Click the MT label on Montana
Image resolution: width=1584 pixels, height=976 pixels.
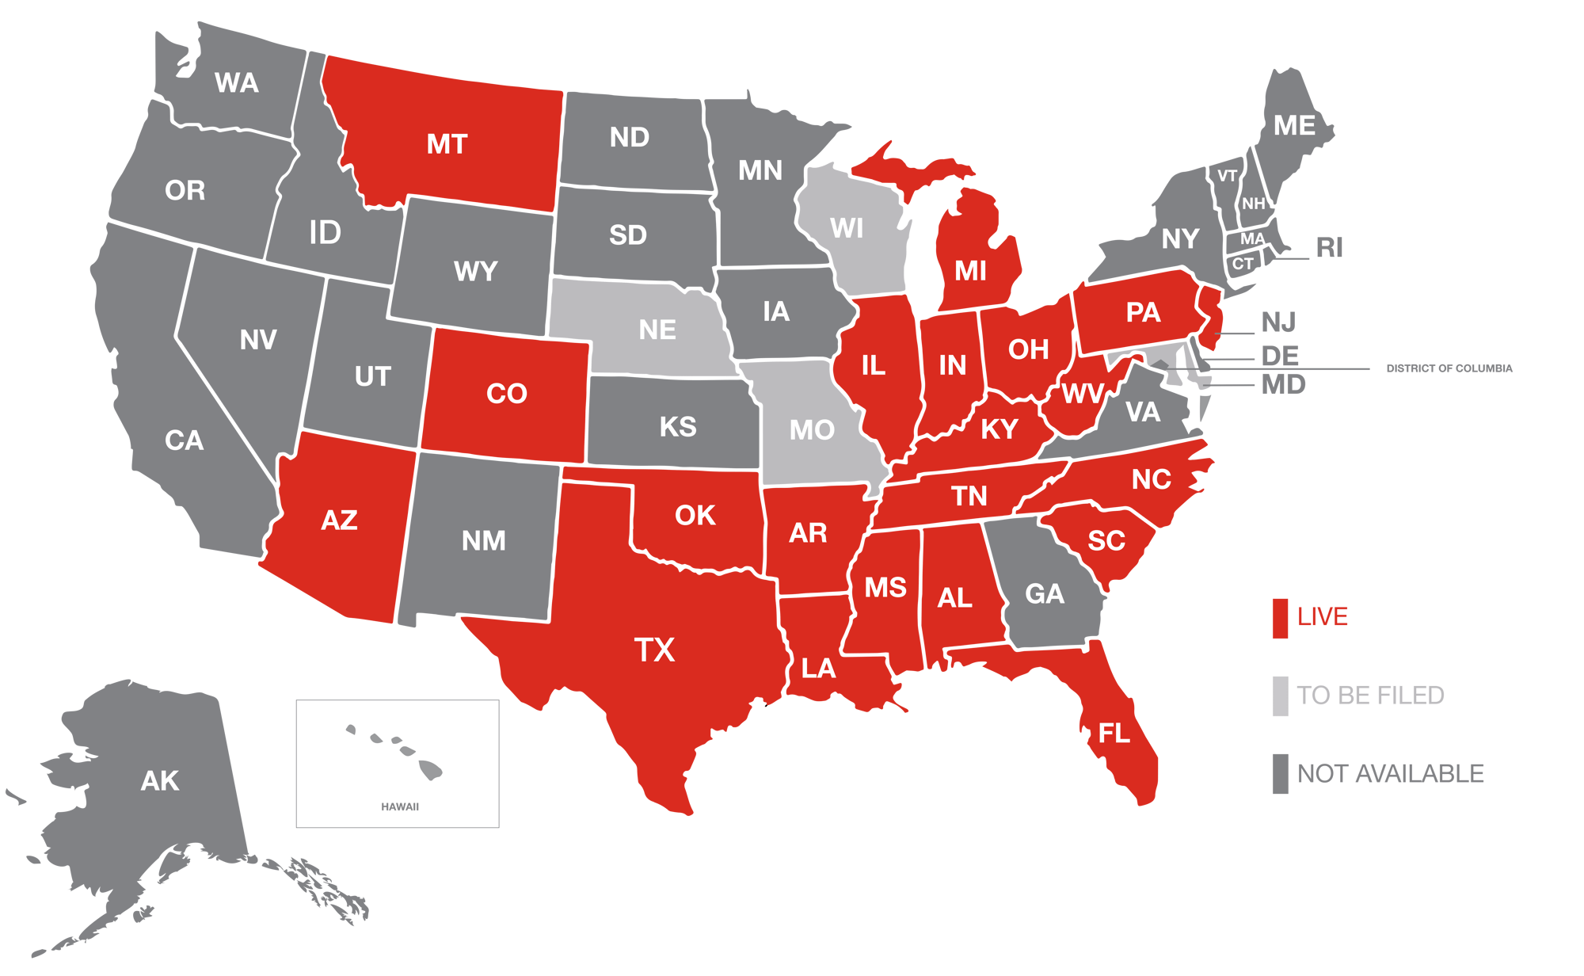click(x=447, y=144)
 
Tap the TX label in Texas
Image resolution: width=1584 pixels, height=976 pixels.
click(x=654, y=650)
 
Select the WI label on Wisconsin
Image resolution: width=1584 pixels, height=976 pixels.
click(x=847, y=228)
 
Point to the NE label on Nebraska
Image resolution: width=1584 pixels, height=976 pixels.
click(x=657, y=330)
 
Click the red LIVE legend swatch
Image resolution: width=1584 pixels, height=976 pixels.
click(x=1280, y=619)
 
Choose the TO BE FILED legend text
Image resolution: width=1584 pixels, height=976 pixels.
click(x=1370, y=696)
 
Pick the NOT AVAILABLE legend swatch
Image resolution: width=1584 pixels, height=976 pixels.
click(x=1280, y=773)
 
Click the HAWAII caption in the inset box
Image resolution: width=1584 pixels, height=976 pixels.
click(x=400, y=806)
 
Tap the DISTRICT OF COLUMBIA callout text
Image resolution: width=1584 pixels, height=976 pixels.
click(x=1449, y=368)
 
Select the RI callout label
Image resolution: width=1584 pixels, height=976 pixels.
click(x=1329, y=248)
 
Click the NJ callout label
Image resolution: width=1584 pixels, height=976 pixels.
click(x=1278, y=322)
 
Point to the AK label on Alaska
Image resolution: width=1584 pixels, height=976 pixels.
click(x=160, y=781)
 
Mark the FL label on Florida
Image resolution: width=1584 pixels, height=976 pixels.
click(x=1114, y=734)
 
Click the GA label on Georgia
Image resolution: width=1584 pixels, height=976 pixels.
click(x=1044, y=593)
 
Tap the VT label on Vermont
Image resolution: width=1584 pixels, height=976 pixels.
click(x=1227, y=176)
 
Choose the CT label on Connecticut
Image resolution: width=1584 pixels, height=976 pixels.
click(x=1242, y=264)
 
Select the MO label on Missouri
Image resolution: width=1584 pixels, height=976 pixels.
click(x=812, y=430)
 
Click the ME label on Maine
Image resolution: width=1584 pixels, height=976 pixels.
click(x=1294, y=125)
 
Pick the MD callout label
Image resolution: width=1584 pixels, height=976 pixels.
click(x=1283, y=385)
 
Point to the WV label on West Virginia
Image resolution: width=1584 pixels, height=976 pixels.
click(x=1082, y=393)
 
